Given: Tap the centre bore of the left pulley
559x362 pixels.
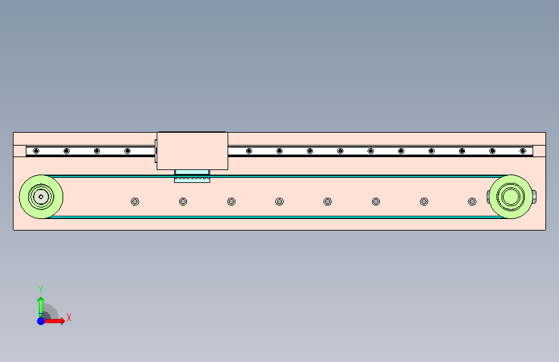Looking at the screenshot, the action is tap(41, 196).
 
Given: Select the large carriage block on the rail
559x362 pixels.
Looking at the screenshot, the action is tap(191, 151).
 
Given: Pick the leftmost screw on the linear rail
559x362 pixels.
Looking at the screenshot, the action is tap(36, 151).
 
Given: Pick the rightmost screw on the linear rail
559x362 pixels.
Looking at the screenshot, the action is tap(523, 151).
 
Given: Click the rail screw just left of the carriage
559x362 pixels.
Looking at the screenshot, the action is tap(127, 151).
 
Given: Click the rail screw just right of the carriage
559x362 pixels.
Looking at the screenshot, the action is tap(249, 151).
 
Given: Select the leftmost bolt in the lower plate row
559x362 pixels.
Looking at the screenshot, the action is tap(135, 202).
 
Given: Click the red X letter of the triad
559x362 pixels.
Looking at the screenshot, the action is tap(68, 317).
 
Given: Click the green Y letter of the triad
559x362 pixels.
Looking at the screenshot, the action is tap(41, 289).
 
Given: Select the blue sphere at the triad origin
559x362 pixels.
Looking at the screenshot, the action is tap(41, 320).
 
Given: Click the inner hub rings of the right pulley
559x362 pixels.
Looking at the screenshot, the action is tap(511, 196).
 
